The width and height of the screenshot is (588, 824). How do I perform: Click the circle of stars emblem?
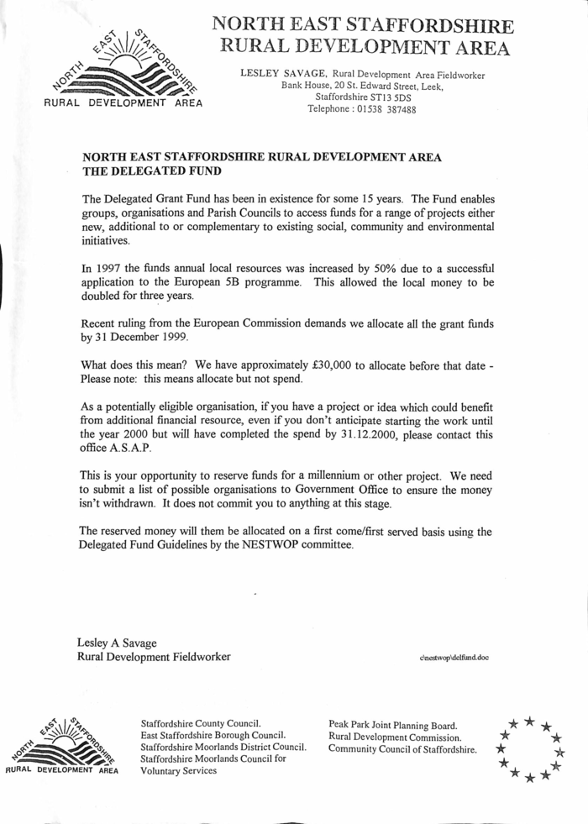(x=529, y=748)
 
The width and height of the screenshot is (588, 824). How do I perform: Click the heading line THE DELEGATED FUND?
(x=152, y=171)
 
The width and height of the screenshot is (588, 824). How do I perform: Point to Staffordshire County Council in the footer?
(x=202, y=722)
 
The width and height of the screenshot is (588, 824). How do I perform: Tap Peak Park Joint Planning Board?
(x=392, y=724)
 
